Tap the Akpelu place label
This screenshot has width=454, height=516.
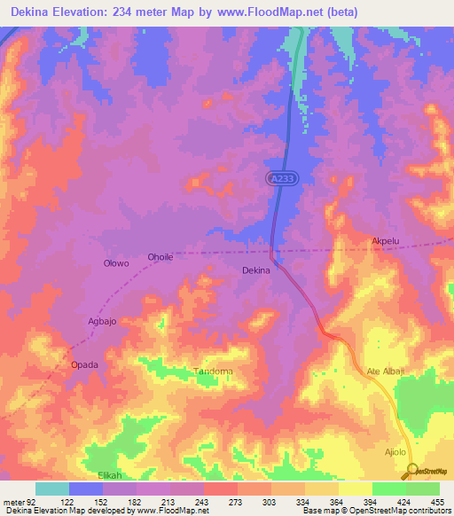pyautogui.click(x=387, y=241)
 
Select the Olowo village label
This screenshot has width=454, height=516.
pyautogui.click(x=116, y=263)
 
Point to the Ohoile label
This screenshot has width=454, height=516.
pyautogui.click(x=160, y=257)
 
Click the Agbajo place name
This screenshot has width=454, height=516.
pyautogui.click(x=100, y=321)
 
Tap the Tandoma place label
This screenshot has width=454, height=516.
pyautogui.click(x=213, y=371)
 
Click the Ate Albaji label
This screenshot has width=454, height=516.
pyautogui.click(x=385, y=371)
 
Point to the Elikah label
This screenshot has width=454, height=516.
pyautogui.click(x=108, y=475)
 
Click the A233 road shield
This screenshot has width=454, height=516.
pyautogui.click(x=281, y=178)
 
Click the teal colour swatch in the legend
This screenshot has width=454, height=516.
pyautogui.click(x=52, y=489)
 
